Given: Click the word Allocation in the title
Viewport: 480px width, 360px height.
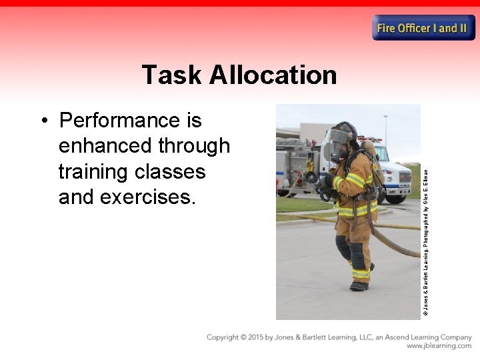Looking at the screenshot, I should click(x=273, y=75).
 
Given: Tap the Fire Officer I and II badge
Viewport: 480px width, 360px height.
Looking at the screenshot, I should click(x=423, y=28).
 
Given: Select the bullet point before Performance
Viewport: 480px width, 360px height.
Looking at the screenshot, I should click(x=43, y=121).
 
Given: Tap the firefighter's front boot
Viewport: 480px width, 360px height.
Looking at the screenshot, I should click(x=359, y=286).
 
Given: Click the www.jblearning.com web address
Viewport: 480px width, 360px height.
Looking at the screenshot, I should click(x=439, y=346).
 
